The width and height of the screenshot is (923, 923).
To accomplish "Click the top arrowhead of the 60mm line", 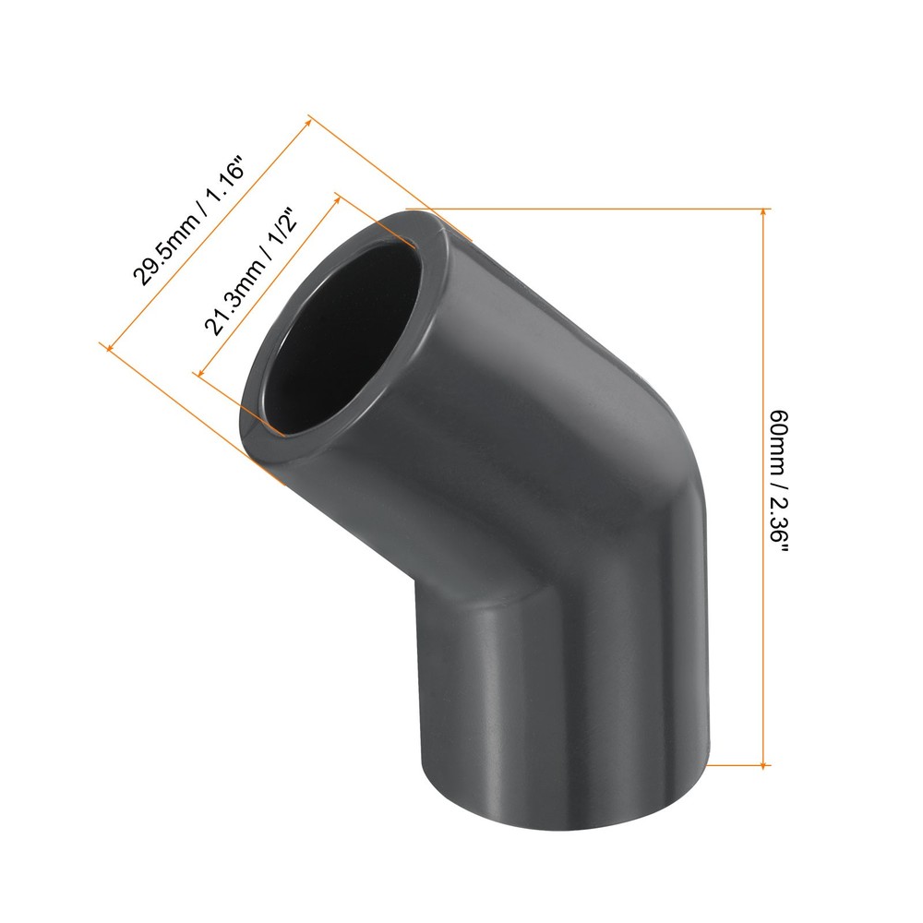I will coord(763,214).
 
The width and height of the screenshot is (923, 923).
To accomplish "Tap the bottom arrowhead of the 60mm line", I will coord(763,760).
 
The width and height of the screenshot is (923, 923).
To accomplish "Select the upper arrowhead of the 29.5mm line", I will coord(311,121).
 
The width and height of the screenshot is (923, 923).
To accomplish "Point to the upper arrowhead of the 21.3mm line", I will coord(338,196).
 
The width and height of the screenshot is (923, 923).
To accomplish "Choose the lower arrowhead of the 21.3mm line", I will coord(197,371).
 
